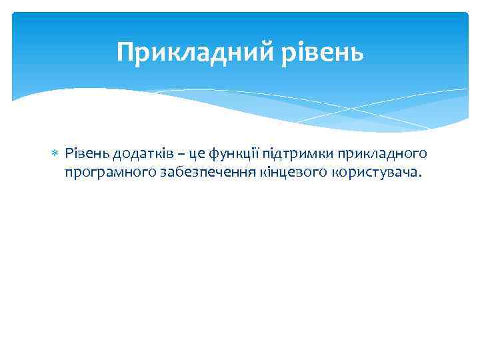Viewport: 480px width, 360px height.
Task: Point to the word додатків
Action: [141, 155]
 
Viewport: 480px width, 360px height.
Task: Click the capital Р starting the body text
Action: [69, 155]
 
